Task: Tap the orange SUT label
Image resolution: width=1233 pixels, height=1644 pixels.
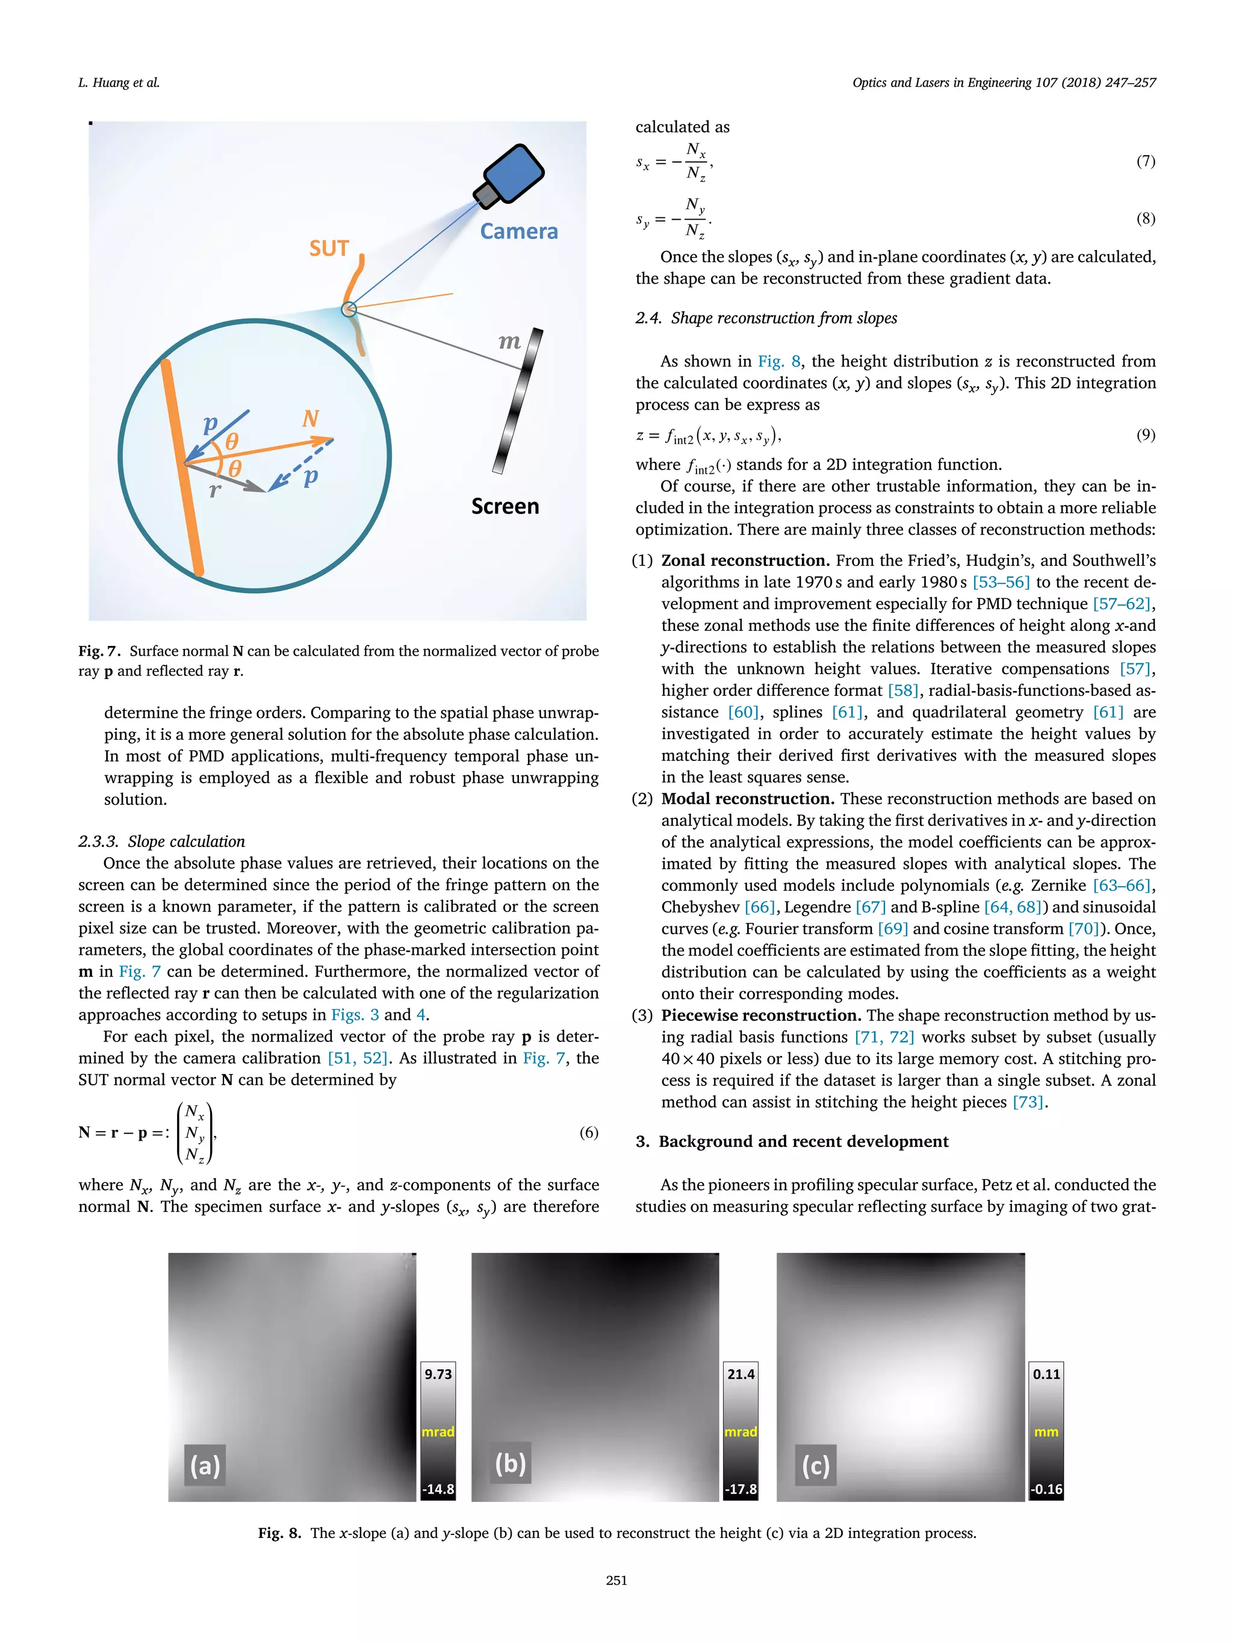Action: pos(329,248)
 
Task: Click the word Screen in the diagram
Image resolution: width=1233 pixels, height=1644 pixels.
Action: pos(505,506)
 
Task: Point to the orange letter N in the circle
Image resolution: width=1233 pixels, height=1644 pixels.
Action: pos(310,418)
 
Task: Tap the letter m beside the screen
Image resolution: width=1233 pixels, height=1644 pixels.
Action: pos(509,341)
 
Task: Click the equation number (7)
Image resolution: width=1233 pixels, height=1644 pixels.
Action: pos(1145,161)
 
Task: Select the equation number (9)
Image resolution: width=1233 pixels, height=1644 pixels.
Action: pos(1145,434)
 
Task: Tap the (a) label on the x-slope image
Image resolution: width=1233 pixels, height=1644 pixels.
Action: pos(205,1464)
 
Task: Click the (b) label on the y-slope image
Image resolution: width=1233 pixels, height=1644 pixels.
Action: pos(511,1463)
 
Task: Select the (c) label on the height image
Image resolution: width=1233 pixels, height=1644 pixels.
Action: pos(815,1464)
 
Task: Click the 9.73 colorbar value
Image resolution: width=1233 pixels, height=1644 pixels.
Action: pos(438,1374)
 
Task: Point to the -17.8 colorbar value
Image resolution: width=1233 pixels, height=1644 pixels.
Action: pos(741,1489)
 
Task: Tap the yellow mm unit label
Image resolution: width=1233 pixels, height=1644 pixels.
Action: pos(1046,1432)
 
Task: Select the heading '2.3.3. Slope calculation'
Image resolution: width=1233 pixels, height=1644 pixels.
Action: pos(161,842)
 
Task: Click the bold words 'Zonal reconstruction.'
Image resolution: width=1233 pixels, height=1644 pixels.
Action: pos(745,560)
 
